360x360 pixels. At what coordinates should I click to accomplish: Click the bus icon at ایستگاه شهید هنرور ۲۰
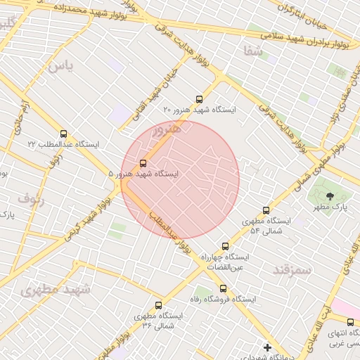[199, 99]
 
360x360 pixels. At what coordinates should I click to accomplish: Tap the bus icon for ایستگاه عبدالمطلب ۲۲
[64, 134]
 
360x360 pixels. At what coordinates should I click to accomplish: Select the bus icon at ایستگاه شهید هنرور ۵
[143, 163]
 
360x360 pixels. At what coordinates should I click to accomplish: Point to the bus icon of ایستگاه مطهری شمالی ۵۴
[265, 210]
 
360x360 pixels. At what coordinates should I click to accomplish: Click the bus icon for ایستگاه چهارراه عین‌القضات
[225, 246]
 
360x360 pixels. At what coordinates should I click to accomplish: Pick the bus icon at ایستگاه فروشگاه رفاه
[223, 288]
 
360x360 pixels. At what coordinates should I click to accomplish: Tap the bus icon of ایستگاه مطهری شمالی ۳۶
[158, 305]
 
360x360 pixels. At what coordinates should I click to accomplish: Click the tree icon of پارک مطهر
[330, 196]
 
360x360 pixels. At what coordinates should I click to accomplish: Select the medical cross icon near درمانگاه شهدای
[266, 347]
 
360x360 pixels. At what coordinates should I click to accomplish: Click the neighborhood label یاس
[61, 66]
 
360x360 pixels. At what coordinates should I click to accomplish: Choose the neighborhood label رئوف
[30, 198]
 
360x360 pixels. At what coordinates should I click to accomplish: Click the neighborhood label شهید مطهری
[56, 289]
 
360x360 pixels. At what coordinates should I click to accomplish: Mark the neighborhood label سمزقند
[290, 269]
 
